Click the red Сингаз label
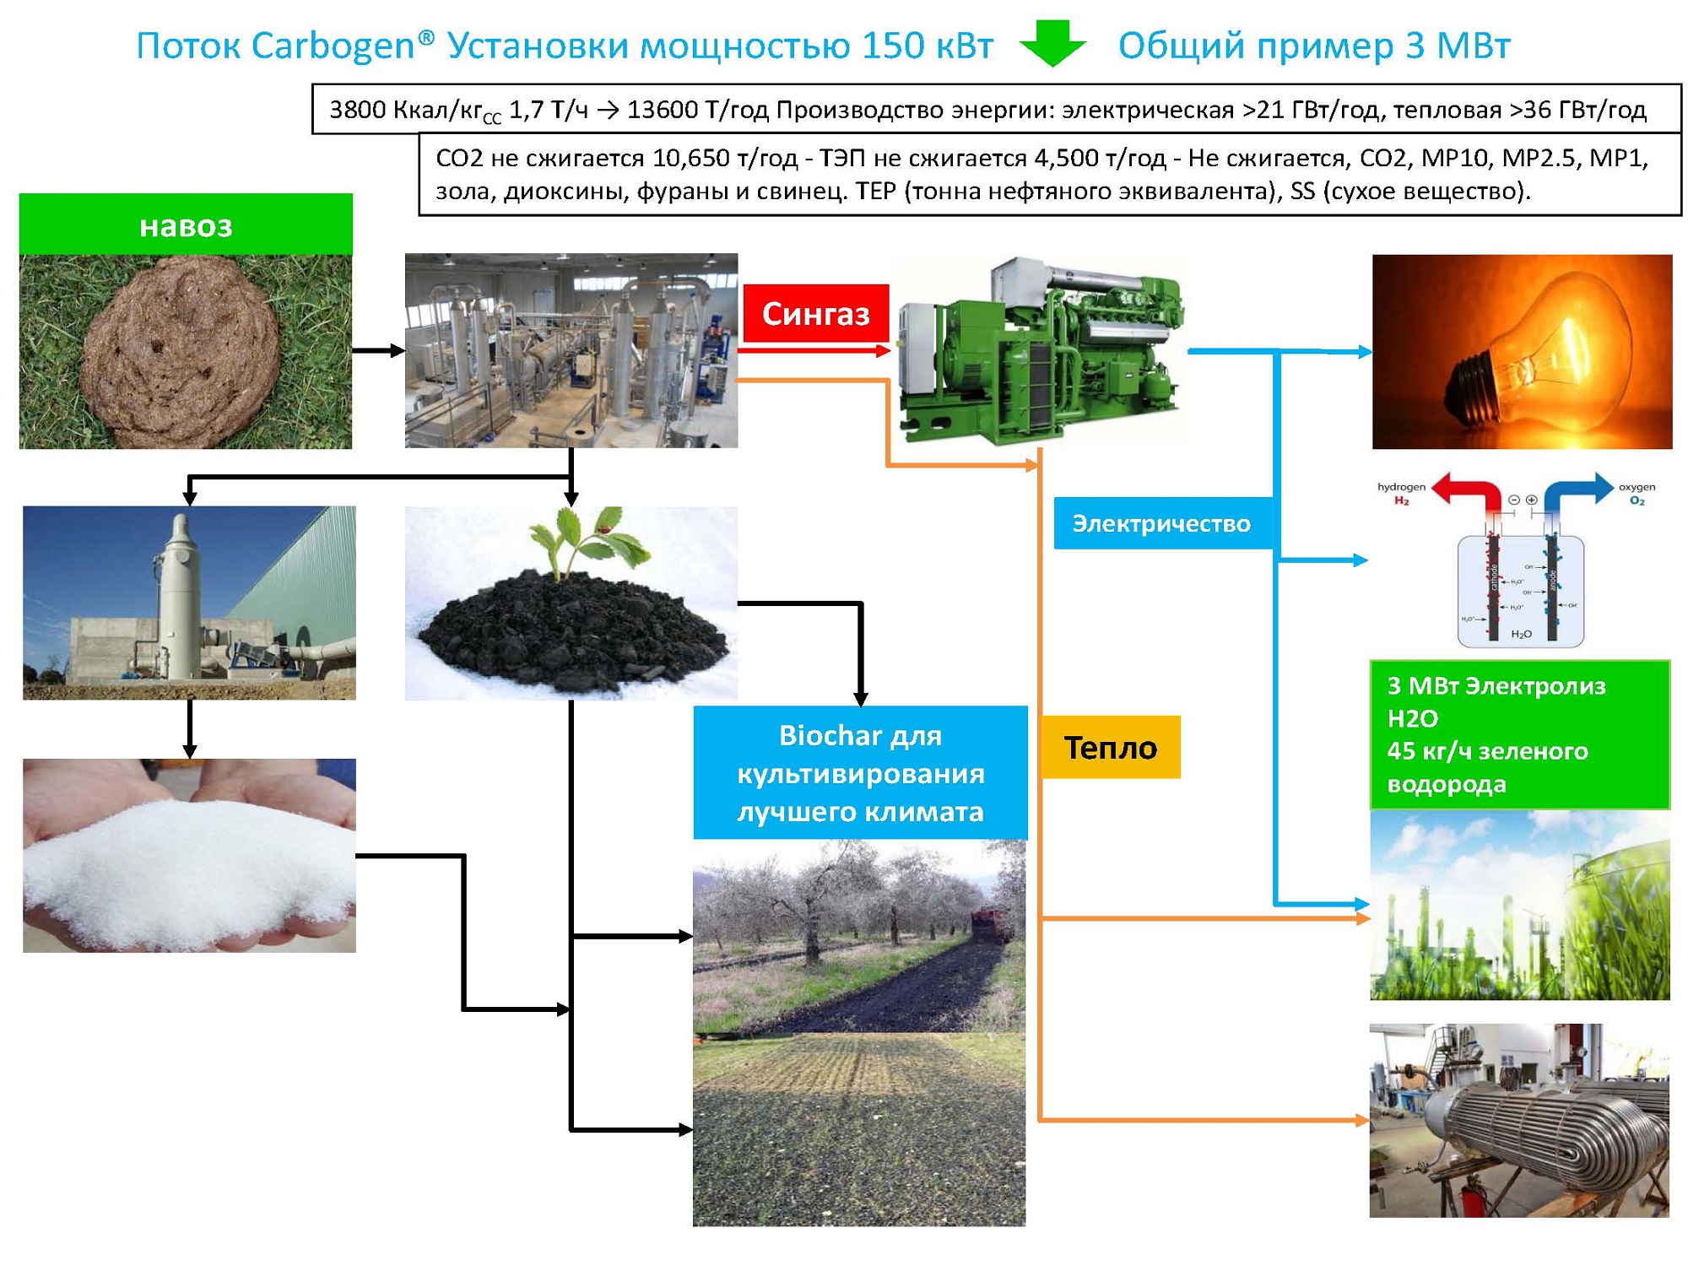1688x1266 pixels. point(815,313)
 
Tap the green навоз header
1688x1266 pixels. point(186,225)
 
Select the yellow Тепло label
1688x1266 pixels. point(1110,747)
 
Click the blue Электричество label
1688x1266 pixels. point(1161,523)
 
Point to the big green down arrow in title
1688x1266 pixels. point(1052,44)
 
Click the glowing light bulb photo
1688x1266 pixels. point(1521,351)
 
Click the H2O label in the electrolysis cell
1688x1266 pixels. point(1521,634)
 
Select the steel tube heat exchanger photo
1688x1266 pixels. point(1519,1120)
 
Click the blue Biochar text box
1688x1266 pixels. point(860,772)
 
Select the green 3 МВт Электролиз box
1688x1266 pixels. point(1519,734)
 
